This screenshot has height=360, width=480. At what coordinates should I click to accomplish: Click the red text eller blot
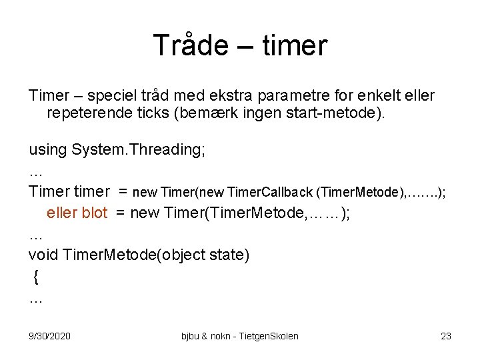coord(77,213)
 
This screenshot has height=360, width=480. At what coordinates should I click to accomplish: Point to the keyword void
coord(43,255)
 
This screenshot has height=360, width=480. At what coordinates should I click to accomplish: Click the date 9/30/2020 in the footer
coord(50,336)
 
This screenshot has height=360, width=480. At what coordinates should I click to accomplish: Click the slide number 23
coord(445,336)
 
